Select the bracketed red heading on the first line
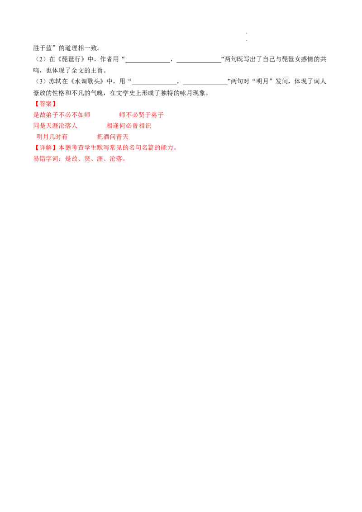point(45,104)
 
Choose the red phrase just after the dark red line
point(141,115)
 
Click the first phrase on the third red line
point(56,126)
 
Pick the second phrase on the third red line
point(129,126)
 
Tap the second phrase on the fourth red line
point(113,137)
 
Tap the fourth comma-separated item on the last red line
point(101,159)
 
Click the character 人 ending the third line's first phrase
point(76,126)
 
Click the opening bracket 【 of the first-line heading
point(36,104)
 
